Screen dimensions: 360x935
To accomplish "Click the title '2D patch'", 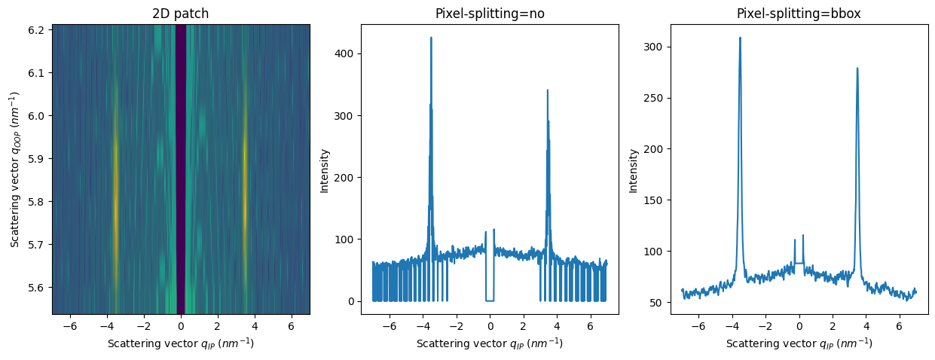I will tap(181, 14).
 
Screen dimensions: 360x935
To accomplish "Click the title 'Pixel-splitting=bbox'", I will tap(799, 14).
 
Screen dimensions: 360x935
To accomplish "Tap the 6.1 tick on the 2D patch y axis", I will tap(38, 73).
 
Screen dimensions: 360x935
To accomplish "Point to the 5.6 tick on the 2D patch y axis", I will tap(38, 287).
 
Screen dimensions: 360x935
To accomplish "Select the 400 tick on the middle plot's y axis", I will tap(345, 53).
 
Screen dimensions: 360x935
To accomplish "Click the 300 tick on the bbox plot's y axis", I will tap(654, 47).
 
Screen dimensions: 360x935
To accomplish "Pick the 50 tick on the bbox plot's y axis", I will tap(657, 302).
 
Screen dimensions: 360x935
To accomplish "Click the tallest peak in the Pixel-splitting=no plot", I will tap(431, 38).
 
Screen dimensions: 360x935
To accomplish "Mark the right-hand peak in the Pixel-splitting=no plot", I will tap(548, 90).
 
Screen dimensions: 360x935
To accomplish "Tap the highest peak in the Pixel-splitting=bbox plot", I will tap(740, 38).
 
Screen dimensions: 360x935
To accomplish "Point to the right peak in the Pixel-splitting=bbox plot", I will tap(857, 69).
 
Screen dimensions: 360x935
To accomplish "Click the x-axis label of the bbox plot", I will tap(799, 343).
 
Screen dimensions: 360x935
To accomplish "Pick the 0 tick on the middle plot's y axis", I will tap(350, 301).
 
